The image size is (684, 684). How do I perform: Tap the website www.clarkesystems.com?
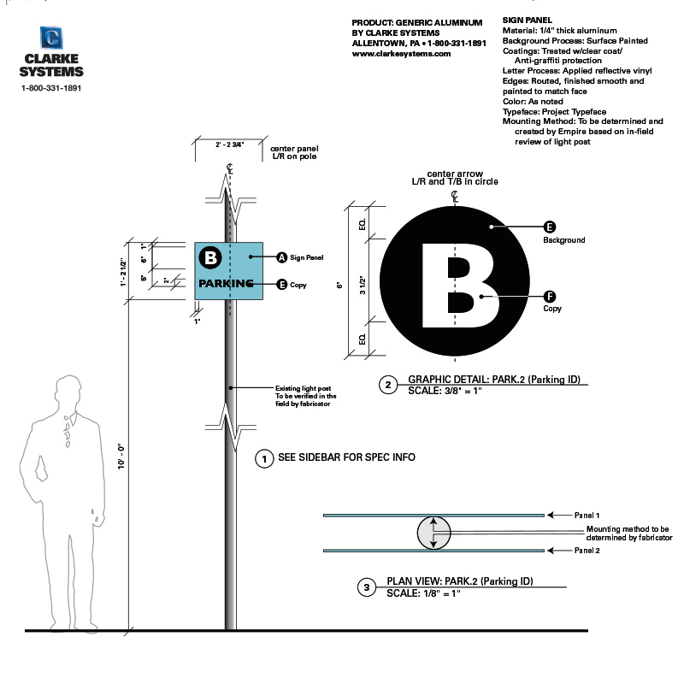click(401, 54)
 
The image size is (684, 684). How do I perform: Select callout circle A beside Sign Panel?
click(281, 256)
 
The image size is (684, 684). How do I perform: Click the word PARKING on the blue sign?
click(227, 284)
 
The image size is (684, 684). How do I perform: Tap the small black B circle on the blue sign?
click(210, 256)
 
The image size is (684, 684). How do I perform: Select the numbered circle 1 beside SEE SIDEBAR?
click(265, 458)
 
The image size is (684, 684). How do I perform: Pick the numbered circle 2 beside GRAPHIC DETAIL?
click(388, 386)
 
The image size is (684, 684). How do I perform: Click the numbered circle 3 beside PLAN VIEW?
click(367, 587)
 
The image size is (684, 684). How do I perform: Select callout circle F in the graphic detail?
click(550, 297)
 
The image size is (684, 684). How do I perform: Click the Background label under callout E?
click(563, 240)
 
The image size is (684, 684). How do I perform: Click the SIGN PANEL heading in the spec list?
click(528, 20)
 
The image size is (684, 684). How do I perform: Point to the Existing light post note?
click(305, 396)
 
